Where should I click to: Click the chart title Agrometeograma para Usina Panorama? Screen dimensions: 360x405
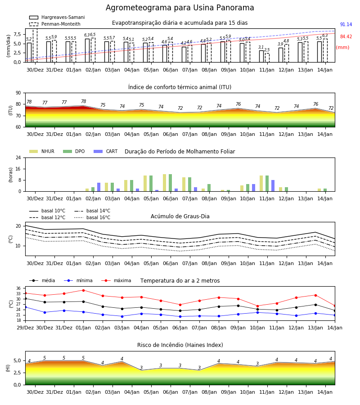pyautogui.click(x=180, y=8)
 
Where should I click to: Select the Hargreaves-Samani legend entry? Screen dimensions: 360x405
pyautogui.click(x=57, y=17)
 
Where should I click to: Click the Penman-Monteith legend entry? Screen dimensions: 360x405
pyautogui.click(x=55, y=24)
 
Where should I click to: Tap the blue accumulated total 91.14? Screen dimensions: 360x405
pyautogui.click(x=346, y=25)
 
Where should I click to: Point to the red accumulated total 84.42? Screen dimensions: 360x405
pyautogui.click(x=346, y=37)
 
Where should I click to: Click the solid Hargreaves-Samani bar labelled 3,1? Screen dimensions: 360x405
pyautogui.click(x=261, y=56)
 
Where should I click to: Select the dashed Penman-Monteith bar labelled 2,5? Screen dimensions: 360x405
pyautogui.click(x=267, y=58)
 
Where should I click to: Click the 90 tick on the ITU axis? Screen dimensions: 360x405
pyautogui.click(x=18, y=93)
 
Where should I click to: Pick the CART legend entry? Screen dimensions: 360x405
pyautogui.click(x=106, y=151)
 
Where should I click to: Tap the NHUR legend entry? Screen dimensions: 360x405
pyautogui.click(x=42, y=151)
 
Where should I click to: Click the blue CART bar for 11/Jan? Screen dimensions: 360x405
pyautogui.click(x=273, y=186)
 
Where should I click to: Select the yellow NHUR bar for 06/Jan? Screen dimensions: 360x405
pyautogui.click(x=165, y=183)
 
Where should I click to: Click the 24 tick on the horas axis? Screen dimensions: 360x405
pyautogui.click(x=18, y=157)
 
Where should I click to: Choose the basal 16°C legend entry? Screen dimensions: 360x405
pyautogui.click(x=92, y=217)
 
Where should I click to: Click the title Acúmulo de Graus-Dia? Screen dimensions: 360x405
pyautogui.click(x=180, y=216)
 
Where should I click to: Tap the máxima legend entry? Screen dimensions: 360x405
pyautogui.click(x=116, y=280)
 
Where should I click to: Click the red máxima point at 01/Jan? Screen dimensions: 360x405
pyautogui.click(x=83, y=290)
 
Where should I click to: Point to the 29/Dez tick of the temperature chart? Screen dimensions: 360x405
pyautogui.click(x=25, y=328)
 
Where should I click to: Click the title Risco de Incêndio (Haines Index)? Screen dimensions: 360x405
pyautogui.click(x=180, y=345)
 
